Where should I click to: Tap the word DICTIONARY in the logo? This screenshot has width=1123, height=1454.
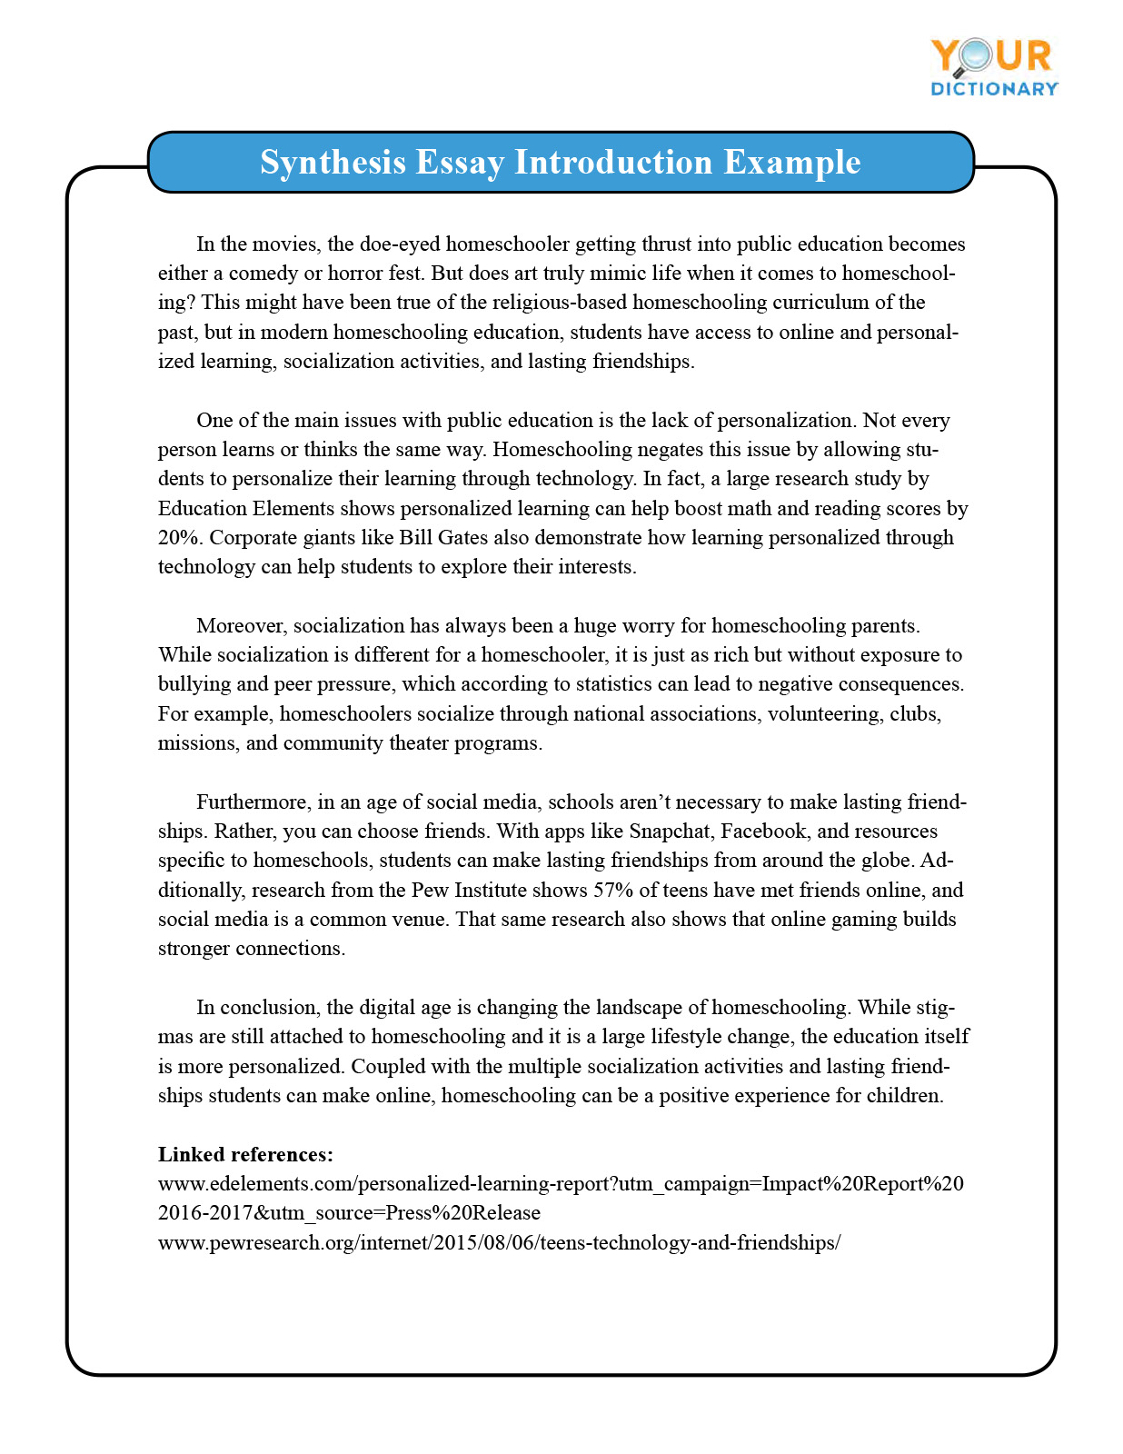[994, 89]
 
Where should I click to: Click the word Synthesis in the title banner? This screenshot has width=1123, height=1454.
[333, 163]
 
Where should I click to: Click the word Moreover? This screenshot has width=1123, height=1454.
[242, 626]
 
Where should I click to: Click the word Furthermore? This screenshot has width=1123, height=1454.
[253, 802]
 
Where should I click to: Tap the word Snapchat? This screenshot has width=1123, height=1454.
[671, 832]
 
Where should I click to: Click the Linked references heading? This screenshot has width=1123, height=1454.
[245, 1155]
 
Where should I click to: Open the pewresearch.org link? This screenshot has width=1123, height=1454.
[499, 1243]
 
